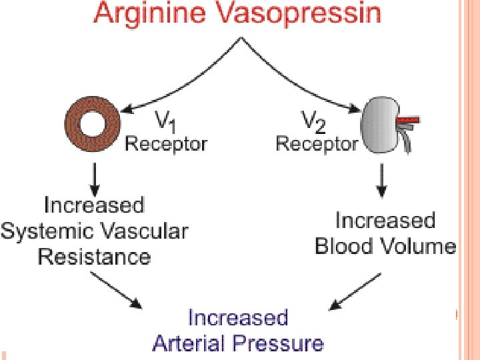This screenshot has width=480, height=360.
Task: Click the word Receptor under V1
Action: click(x=166, y=143)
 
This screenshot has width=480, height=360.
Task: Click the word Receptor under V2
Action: click(x=317, y=143)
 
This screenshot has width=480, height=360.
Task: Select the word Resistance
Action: click(x=95, y=257)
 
